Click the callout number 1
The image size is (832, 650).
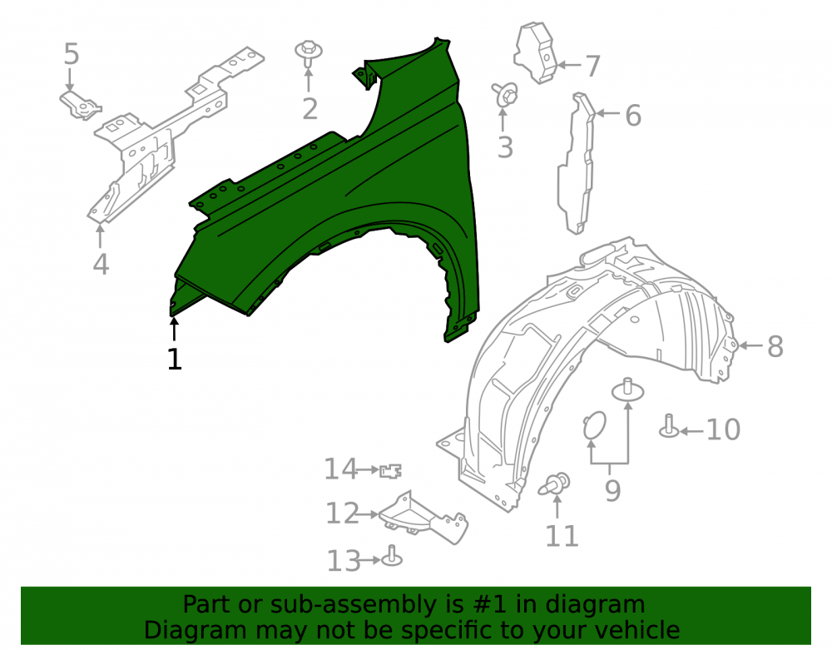(x=175, y=360)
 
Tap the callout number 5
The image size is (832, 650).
(x=71, y=54)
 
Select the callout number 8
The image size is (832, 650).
(x=775, y=346)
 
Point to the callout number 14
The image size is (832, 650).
(x=340, y=469)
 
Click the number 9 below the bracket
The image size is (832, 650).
(x=612, y=491)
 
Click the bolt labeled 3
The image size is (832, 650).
(x=505, y=94)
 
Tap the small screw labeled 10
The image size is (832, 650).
(x=669, y=426)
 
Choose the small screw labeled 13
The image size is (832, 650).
(x=392, y=556)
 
